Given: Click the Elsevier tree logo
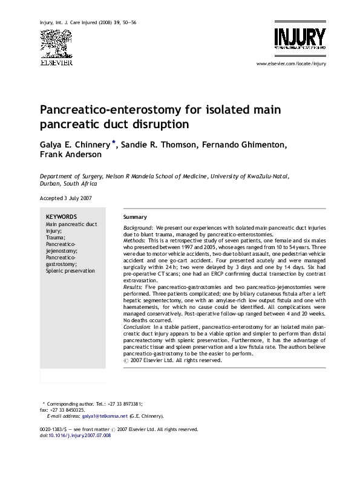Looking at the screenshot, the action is (x=56, y=42).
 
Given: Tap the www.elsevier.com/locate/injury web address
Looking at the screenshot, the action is (x=291, y=63).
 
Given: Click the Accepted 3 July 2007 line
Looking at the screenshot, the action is (x=67, y=198).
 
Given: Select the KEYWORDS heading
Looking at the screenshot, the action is (x=61, y=216).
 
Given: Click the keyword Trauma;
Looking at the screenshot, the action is (x=56, y=238).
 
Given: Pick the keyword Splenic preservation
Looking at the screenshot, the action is (x=70, y=271).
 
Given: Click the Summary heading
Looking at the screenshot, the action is (x=134, y=216).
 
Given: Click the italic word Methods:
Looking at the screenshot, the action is (x=134, y=240).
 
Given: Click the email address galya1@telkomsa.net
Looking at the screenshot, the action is (x=105, y=416).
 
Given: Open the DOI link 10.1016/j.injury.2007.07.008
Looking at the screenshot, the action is (x=80, y=435).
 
